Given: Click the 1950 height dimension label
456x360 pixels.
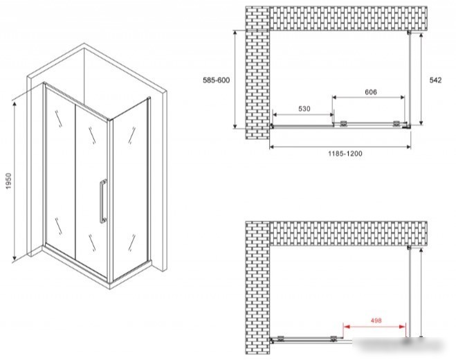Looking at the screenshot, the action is [x=8, y=181].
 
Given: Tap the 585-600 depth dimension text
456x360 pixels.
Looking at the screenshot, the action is [x=216, y=80].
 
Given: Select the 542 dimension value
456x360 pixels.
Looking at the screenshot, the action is [x=435, y=80].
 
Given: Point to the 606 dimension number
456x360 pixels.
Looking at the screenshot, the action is [x=370, y=92].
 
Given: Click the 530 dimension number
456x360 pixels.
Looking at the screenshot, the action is [x=304, y=109].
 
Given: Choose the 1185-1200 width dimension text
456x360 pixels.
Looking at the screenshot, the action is [x=345, y=154].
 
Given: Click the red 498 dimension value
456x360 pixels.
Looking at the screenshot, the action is [x=376, y=321].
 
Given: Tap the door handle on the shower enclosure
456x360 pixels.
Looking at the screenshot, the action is [x=102, y=201].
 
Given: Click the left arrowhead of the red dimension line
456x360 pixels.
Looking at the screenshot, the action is [x=347, y=327].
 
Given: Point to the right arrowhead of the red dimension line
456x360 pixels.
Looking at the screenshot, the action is [x=403, y=327].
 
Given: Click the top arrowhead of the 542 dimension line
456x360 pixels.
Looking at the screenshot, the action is [x=421, y=36].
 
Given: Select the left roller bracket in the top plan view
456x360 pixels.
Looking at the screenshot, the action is [x=343, y=124].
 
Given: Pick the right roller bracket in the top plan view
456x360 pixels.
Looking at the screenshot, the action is [x=396, y=124].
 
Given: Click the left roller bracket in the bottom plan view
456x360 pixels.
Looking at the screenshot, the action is [x=281, y=338].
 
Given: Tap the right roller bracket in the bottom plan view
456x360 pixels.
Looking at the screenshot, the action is [x=334, y=338].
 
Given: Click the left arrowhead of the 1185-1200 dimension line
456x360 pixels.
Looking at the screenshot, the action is [x=273, y=147].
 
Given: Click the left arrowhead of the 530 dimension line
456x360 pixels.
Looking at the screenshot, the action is [x=275, y=115].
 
